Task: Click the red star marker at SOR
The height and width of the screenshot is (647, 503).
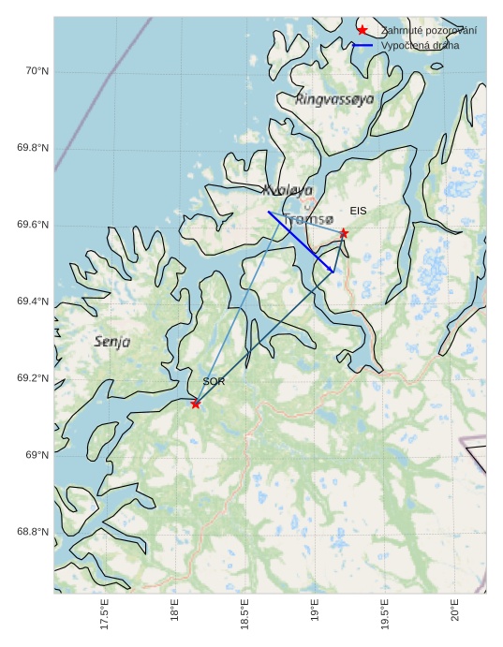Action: click(x=195, y=404)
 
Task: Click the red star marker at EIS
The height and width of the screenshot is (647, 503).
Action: click(x=344, y=233)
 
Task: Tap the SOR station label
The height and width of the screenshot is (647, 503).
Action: click(x=214, y=382)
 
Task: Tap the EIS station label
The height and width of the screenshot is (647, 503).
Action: click(x=358, y=212)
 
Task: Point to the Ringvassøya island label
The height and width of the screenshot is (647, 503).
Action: click(x=334, y=98)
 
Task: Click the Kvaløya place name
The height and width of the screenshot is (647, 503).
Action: click(x=288, y=190)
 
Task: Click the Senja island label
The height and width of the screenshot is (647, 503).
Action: click(x=112, y=342)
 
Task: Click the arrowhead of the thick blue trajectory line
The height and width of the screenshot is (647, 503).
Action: click(x=333, y=272)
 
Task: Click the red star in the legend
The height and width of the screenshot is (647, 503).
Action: click(x=362, y=30)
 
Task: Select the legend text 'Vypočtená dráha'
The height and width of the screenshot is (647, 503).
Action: click(x=420, y=45)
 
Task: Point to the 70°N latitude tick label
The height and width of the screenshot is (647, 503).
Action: click(x=37, y=72)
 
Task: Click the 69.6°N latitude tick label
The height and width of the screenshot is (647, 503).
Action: click(x=34, y=226)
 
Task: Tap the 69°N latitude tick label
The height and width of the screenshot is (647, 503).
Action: click(x=37, y=455)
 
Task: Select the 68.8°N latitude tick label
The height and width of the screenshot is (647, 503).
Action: click(x=34, y=532)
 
